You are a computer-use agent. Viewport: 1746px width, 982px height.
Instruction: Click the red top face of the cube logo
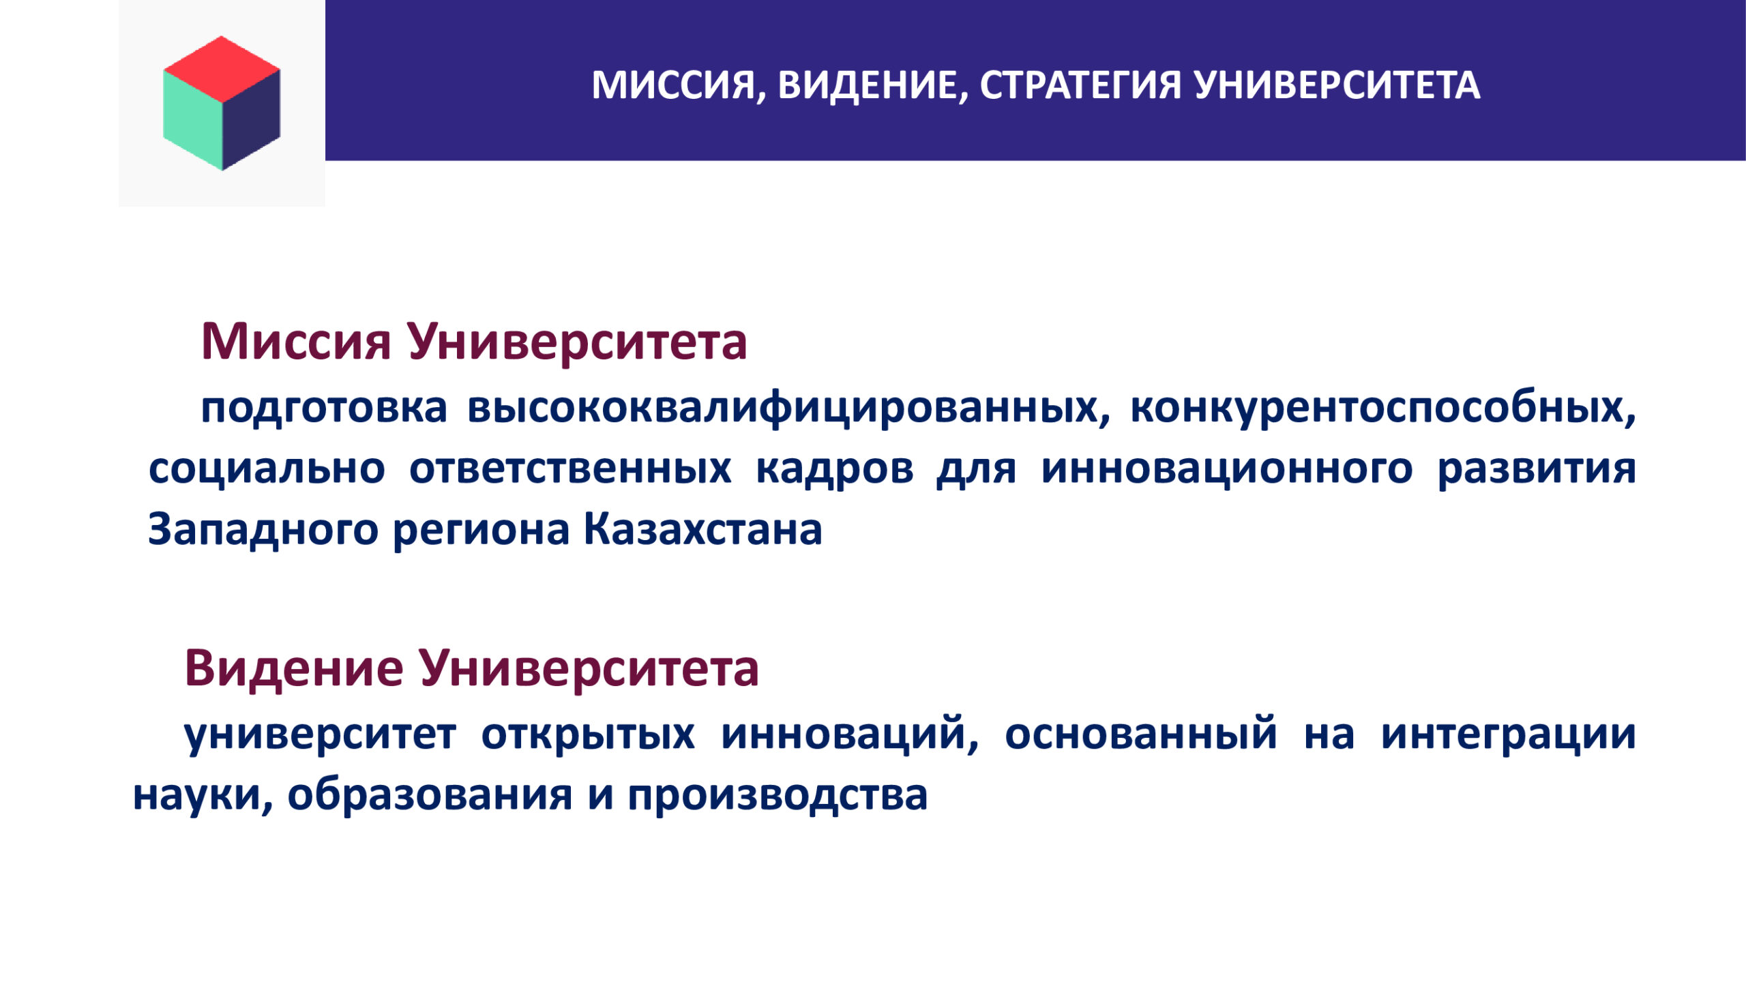click(x=222, y=68)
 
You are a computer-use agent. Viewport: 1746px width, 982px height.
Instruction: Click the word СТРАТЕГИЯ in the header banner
click(x=1080, y=86)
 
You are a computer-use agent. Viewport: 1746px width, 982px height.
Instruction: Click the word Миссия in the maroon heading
click(x=296, y=342)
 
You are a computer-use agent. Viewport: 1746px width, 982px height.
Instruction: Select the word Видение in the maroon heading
click(x=294, y=669)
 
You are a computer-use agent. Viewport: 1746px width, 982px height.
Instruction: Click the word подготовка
click(x=324, y=409)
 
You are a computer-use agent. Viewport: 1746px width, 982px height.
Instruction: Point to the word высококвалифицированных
click(x=788, y=409)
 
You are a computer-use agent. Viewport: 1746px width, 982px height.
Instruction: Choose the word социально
click(x=267, y=469)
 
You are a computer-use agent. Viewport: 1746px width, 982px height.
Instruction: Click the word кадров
click(x=835, y=471)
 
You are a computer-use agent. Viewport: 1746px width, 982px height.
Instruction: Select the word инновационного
click(x=1227, y=469)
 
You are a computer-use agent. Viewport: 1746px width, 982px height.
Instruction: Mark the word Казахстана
click(x=703, y=529)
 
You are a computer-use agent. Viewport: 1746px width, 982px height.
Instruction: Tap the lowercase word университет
click(x=320, y=735)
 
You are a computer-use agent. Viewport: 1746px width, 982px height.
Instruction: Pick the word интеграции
click(x=1509, y=735)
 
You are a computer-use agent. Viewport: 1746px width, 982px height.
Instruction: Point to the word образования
click(x=430, y=795)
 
